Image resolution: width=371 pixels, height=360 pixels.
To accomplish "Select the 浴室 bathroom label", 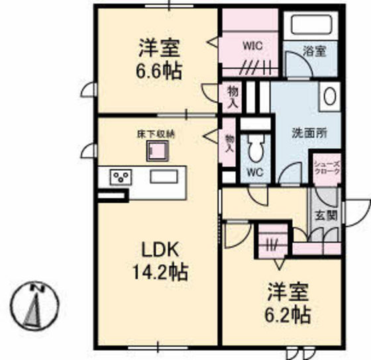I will click(x=314, y=51).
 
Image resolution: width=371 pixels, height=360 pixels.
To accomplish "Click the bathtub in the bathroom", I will click(x=310, y=24).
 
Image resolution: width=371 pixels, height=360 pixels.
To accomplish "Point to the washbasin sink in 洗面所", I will click(x=329, y=97).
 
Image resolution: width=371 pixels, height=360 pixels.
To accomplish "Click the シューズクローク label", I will click(x=327, y=167).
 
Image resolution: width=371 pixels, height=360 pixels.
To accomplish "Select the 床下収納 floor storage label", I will click(x=158, y=134).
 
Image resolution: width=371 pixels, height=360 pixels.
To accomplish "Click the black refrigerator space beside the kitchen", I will click(x=112, y=197).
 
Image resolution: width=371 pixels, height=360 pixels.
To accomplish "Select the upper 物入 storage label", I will click(x=232, y=97).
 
